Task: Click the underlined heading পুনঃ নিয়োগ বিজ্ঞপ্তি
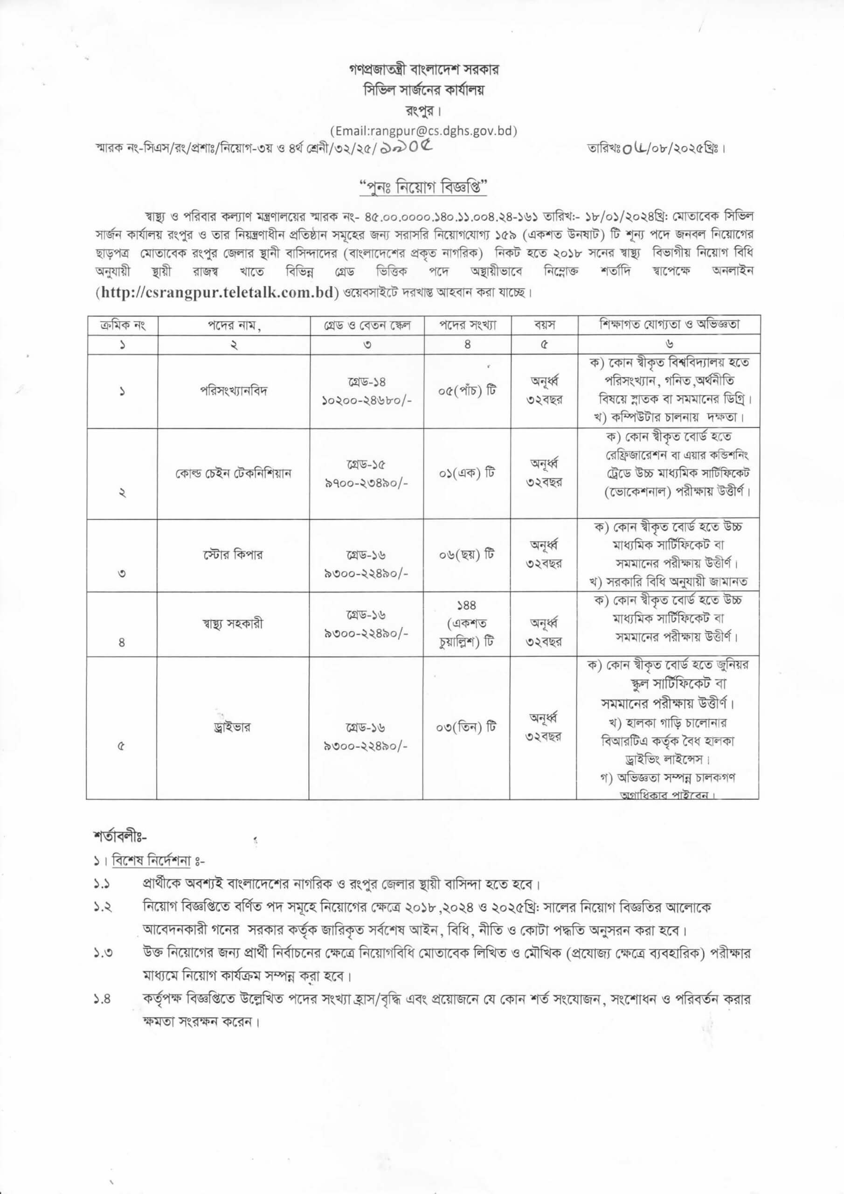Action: pos(423,186)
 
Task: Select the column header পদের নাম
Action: pos(234,326)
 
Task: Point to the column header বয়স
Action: pos(545,326)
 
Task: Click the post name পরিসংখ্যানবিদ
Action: pos(234,390)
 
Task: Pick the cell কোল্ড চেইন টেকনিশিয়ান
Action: pos(234,473)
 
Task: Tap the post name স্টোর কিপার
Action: pos(234,555)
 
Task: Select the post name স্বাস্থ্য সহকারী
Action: pos(234,623)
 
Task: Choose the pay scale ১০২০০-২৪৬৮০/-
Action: pos(367,401)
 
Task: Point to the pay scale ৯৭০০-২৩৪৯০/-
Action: pos(367,483)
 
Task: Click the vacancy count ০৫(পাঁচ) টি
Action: pos(466,390)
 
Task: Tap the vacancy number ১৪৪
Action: pos(466,605)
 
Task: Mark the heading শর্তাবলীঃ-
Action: pos(121,838)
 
